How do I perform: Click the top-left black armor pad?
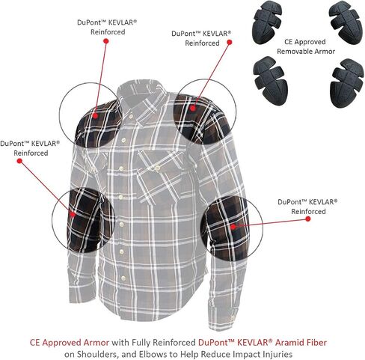267,22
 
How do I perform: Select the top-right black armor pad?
346,23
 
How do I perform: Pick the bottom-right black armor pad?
347,83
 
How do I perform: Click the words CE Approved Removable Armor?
306,46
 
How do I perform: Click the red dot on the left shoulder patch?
95,115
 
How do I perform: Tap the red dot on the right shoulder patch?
192,108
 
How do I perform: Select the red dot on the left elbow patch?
73,214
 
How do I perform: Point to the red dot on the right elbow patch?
233,227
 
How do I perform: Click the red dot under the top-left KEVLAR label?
105,40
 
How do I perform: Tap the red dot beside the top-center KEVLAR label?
230,42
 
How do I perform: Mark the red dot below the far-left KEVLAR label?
19,161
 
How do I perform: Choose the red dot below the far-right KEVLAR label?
308,219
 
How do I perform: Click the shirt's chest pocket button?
157,168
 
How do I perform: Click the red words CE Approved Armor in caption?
70,342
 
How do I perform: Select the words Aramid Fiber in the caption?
301,342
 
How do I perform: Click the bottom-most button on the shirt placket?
123,278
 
